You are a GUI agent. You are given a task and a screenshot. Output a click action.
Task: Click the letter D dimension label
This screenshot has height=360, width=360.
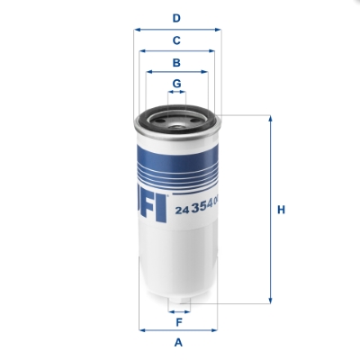tap(177, 17)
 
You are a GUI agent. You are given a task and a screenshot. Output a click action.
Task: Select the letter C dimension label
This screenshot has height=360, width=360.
tap(177, 40)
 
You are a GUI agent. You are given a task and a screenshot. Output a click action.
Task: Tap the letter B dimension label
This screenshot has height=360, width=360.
tap(177, 62)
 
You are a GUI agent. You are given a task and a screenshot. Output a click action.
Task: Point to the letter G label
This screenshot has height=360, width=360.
tap(177, 84)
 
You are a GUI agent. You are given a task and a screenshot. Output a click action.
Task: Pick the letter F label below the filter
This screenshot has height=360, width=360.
tap(178, 321)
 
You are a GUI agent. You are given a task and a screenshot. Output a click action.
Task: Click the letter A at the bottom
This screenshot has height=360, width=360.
tap(178, 343)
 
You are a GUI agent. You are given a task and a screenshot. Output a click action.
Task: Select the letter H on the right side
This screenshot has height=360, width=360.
tap(281, 210)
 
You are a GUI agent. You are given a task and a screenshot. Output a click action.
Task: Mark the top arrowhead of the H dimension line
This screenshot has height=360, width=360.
tap(268, 118)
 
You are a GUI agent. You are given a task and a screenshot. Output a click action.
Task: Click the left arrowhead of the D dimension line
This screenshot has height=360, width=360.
tap(137, 29)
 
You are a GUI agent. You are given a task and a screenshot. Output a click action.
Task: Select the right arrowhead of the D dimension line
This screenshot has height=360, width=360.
tap(219, 29)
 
